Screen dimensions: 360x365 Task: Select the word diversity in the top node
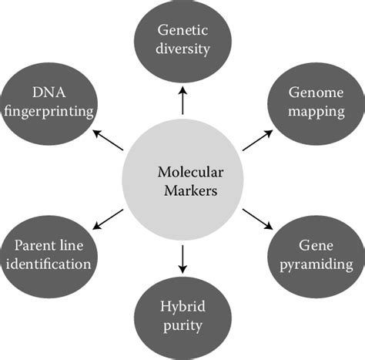[x=182, y=49]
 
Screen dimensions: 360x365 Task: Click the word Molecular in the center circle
[x=182, y=171]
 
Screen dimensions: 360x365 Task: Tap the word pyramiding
[x=315, y=264]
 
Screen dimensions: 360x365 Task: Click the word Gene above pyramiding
[x=315, y=246]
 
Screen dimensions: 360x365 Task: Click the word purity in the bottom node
[x=182, y=325]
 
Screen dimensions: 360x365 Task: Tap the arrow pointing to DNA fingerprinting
[x=109, y=140]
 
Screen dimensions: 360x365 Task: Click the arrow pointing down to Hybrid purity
[x=182, y=260]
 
